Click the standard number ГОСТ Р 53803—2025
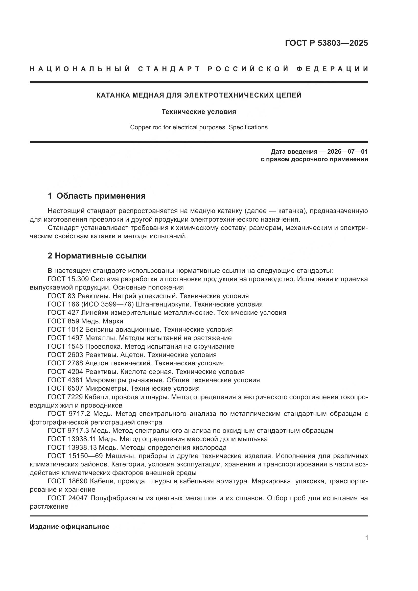coord(326,43)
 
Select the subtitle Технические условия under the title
coord(199,112)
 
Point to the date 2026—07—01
coord(347,151)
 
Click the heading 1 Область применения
coord(97,196)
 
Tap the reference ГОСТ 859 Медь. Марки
coord(85,321)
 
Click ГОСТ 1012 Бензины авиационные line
coord(140,329)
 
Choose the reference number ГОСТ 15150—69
coord(75,456)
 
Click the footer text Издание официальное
coord(69,527)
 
